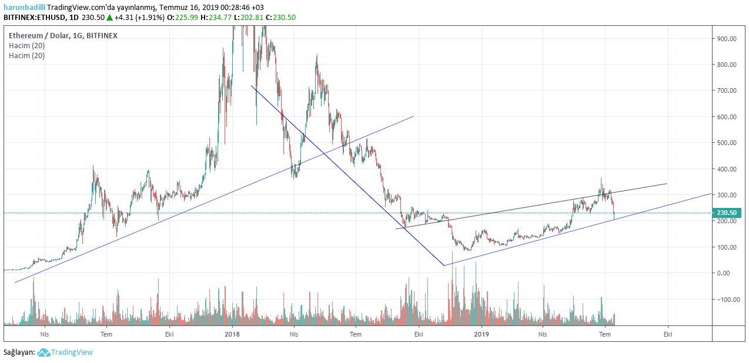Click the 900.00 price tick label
727,39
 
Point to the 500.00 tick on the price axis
727,143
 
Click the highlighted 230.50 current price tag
727,213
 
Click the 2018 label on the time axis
232,334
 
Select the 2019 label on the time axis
481,334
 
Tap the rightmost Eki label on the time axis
668,334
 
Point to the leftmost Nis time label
44,334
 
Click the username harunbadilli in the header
24,7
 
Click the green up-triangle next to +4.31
109,18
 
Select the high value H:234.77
215,18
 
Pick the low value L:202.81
249,18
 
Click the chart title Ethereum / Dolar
38,35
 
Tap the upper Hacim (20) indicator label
26,46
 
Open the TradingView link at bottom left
71,352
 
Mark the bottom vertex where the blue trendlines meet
444,265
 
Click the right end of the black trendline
667,184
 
